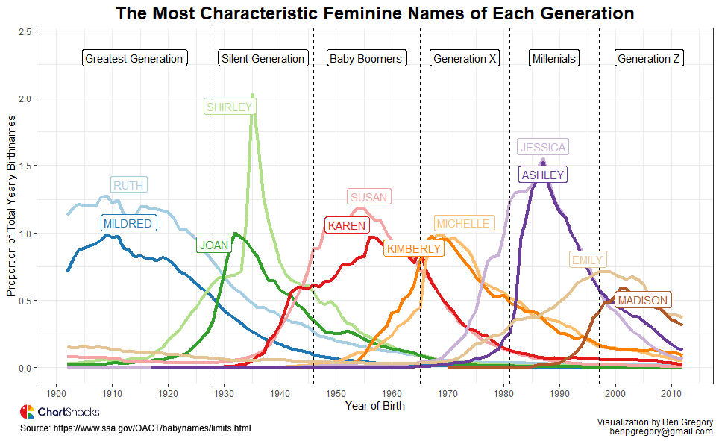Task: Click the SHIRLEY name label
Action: [x=229, y=107]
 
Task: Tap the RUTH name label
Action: [x=128, y=185]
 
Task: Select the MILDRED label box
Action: [x=128, y=223]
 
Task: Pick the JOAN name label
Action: [x=213, y=245]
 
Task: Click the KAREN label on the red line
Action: [x=345, y=225]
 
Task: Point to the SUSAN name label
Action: [x=369, y=197]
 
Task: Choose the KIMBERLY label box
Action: [x=413, y=248]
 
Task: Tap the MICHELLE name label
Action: [x=463, y=223]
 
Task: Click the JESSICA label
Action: [x=542, y=147]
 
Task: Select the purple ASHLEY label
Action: [x=542, y=175]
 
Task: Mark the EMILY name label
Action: [x=586, y=260]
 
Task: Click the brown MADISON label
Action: [x=643, y=300]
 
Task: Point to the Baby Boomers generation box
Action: [x=365, y=58]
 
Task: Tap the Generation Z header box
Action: [x=649, y=58]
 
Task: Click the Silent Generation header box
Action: [x=263, y=58]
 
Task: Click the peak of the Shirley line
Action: [x=253, y=96]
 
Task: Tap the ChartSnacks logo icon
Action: [x=27, y=412]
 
